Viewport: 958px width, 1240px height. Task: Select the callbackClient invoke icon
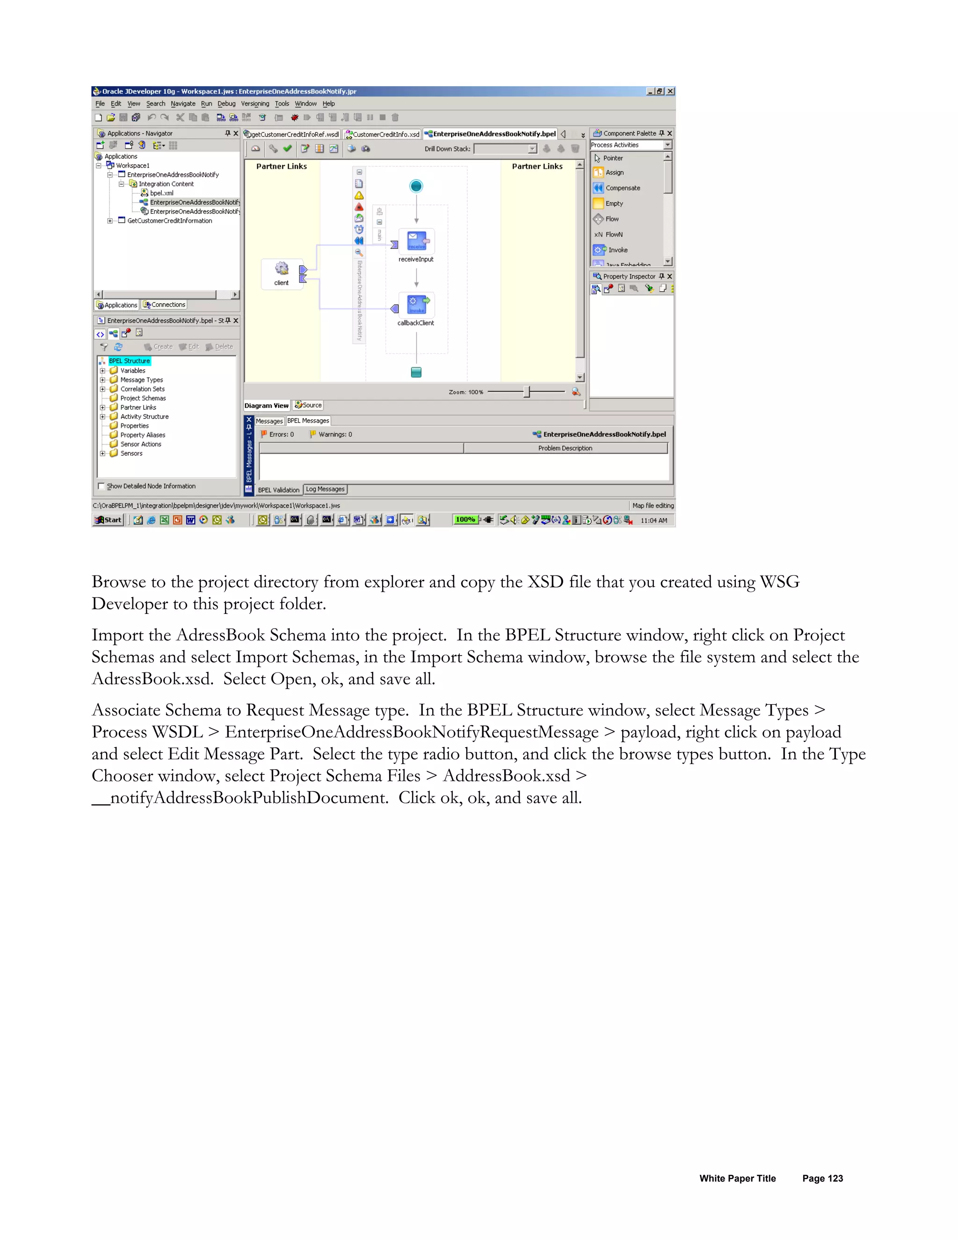[417, 304]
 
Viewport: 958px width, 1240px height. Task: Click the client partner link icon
[282, 269]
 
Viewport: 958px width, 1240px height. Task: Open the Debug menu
[226, 104]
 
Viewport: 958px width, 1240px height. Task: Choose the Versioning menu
[255, 104]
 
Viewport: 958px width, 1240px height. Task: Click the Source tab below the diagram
[309, 405]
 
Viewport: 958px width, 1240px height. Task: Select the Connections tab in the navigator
[165, 305]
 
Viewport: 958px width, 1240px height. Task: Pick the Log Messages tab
[325, 489]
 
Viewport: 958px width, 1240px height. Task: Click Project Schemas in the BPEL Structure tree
[143, 399]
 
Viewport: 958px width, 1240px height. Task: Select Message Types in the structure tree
[141, 380]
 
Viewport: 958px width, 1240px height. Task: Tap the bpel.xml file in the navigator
[161, 193]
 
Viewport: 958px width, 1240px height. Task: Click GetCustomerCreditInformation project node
[169, 221]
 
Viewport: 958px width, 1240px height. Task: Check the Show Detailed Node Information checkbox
[102, 486]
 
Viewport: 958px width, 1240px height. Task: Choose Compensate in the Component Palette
[623, 188]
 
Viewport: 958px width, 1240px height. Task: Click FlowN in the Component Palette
[614, 234]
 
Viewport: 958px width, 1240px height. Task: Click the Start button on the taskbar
[109, 520]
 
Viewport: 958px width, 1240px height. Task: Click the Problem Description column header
[565, 449]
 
